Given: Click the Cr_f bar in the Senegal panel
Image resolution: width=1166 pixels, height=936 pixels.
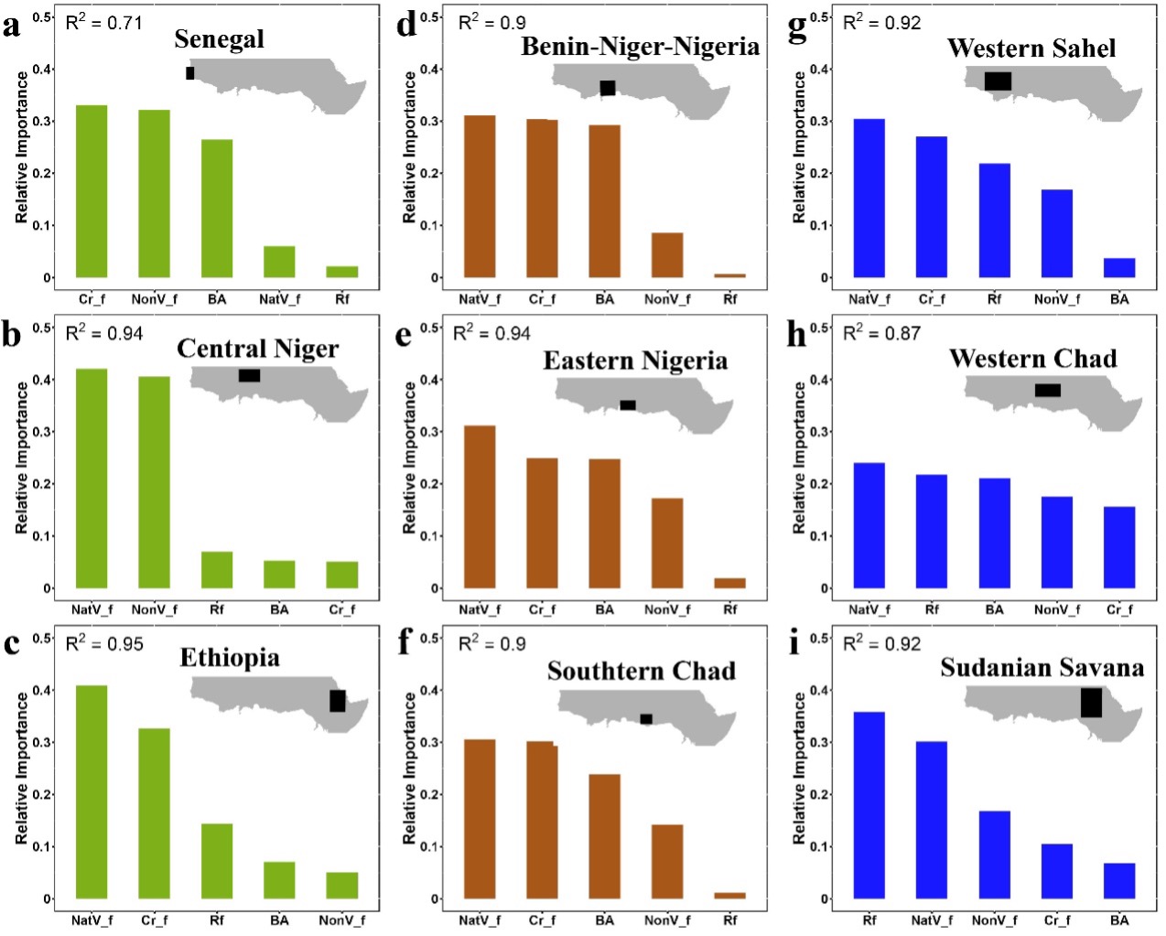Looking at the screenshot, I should click(x=92, y=192).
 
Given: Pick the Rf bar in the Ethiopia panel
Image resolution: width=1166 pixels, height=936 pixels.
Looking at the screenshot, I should click(x=217, y=861).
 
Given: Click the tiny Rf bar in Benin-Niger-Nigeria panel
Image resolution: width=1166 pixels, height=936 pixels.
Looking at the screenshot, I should click(x=729, y=275).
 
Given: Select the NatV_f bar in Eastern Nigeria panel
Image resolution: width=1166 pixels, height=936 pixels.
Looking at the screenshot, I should click(x=480, y=507).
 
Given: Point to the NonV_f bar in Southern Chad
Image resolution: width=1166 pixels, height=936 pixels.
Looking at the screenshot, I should click(x=667, y=861).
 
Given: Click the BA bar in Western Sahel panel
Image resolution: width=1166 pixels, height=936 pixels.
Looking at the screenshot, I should click(x=1118, y=268).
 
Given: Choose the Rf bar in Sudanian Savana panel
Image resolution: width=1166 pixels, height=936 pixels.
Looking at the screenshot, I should click(x=869, y=805).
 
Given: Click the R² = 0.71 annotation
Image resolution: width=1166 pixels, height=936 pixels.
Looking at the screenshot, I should click(x=103, y=22).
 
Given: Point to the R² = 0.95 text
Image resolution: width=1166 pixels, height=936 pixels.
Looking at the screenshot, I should click(x=104, y=643).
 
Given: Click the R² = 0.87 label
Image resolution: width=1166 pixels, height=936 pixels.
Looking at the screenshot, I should click(x=881, y=333).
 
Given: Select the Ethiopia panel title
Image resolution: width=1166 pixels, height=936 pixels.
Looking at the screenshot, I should click(x=230, y=658).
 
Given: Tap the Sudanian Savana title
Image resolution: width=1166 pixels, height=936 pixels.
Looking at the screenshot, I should click(x=1042, y=668).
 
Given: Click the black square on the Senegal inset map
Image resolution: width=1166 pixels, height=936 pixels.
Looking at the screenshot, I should click(x=190, y=73).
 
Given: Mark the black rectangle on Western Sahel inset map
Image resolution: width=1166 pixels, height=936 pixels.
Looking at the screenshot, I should click(x=998, y=81).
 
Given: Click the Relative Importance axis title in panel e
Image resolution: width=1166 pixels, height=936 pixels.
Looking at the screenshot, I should click(x=409, y=457).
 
